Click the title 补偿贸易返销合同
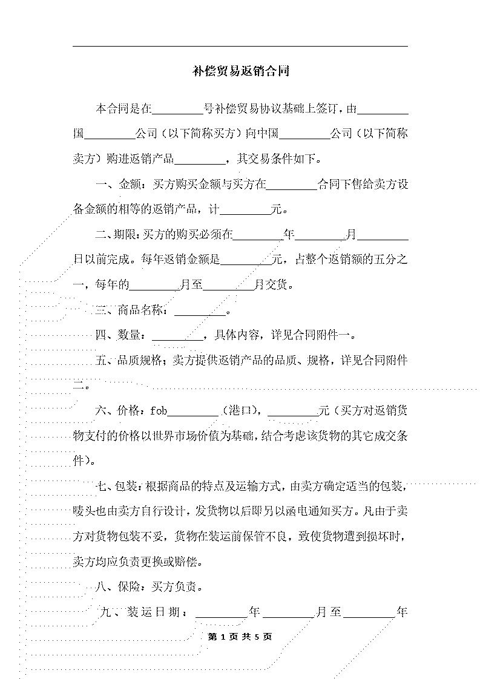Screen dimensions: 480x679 241,71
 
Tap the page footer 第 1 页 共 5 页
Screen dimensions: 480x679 240,637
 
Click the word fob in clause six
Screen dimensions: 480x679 159,410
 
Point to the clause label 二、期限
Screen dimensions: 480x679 113,235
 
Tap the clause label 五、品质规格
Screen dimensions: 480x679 128,360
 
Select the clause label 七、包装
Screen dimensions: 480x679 113,486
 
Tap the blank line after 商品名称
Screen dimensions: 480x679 200,315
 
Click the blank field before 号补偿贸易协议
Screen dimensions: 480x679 178,114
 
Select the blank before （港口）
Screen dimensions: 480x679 193,416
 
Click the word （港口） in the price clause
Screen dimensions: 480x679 240,410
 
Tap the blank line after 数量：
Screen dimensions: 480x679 178,340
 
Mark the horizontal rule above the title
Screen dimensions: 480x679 240,47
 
